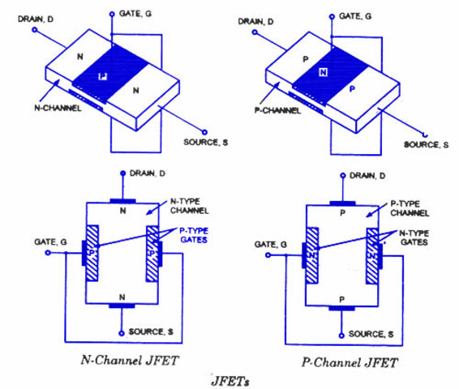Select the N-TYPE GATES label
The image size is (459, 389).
pyautogui.click(x=418, y=236)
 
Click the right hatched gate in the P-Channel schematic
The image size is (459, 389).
pyautogui.click(x=374, y=253)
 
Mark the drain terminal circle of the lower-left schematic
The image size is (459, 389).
pyautogui.click(x=122, y=173)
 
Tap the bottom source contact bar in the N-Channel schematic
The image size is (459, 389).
pyautogui.click(x=122, y=307)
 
